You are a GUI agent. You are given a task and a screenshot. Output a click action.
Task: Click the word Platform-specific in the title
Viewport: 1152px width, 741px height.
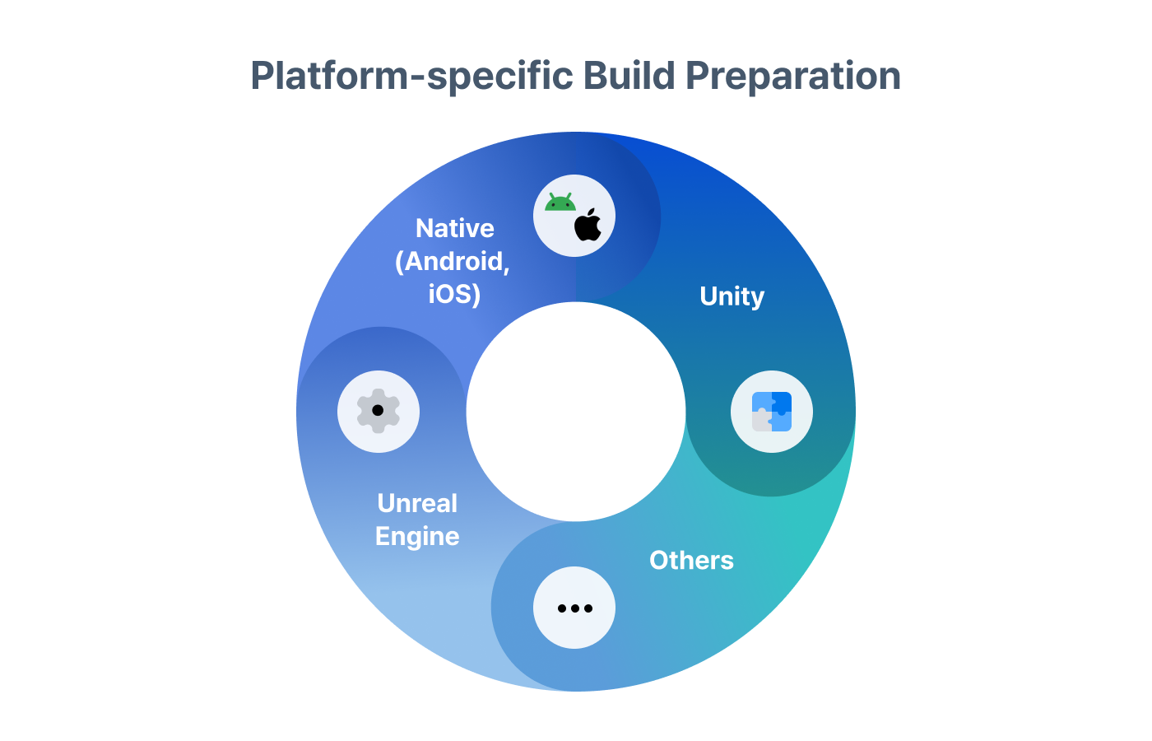[x=411, y=76]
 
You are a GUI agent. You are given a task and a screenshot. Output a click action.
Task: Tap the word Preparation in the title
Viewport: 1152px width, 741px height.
[x=792, y=76]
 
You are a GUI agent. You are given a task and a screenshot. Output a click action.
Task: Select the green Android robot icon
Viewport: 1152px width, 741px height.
[x=560, y=203]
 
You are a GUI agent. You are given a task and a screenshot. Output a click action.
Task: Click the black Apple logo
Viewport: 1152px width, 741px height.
[x=588, y=226]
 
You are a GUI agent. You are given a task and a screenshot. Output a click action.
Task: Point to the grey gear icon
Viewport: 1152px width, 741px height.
[x=379, y=411]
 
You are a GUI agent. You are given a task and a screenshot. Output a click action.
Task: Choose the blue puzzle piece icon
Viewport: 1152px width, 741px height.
[x=772, y=412]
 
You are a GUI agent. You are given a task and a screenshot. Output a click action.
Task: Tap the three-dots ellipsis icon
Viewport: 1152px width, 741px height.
[x=574, y=608]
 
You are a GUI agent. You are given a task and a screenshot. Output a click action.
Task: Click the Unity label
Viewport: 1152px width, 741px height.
[x=732, y=296]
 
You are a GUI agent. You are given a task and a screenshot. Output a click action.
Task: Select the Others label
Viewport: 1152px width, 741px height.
[x=691, y=560]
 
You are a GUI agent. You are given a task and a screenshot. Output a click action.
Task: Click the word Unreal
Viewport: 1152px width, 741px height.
[x=417, y=503]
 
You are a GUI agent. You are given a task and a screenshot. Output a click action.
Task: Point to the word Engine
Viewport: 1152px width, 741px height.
[x=417, y=537]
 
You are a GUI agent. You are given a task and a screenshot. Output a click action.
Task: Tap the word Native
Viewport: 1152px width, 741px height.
[x=455, y=228]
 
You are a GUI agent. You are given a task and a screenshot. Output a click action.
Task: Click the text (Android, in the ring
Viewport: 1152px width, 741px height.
[x=453, y=261]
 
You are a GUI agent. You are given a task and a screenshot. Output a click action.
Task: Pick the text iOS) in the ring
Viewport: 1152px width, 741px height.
[x=454, y=294]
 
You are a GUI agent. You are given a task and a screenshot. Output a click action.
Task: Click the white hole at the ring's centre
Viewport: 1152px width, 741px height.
[x=576, y=412]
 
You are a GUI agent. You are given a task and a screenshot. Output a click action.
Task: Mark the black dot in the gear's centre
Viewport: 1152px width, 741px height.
[x=378, y=410]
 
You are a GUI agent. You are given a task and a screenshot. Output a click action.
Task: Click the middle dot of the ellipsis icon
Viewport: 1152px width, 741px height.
[x=574, y=608]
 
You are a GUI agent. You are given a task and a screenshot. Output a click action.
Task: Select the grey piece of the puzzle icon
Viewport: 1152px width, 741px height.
[x=761, y=421]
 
